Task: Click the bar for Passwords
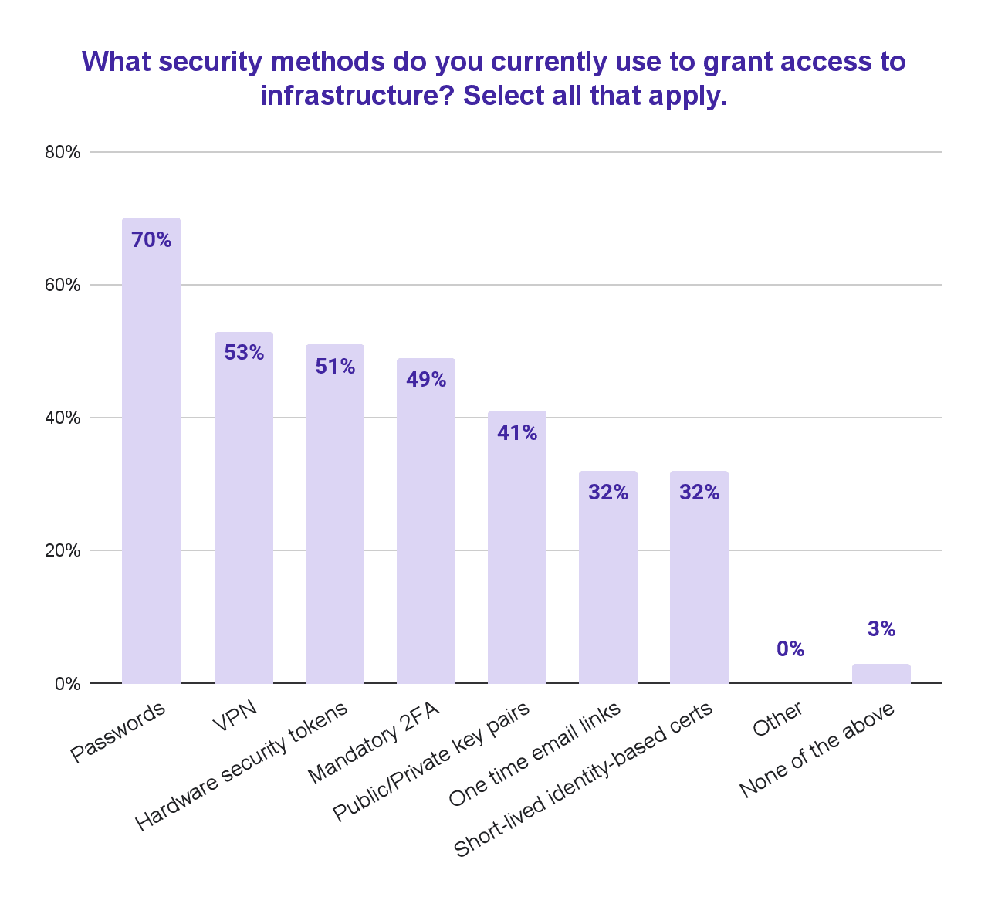(151, 463)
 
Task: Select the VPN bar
(244, 517)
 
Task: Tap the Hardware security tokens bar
(335, 525)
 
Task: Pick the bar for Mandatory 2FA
(426, 533)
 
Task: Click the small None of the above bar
(881, 674)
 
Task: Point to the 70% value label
(151, 240)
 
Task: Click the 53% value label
(244, 353)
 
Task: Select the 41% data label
(517, 433)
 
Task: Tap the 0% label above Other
(790, 649)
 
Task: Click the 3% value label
(881, 629)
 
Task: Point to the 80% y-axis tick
(63, 152)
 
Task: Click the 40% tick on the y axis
(63, 418)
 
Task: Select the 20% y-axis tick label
(63, 550)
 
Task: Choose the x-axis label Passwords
(118, 732)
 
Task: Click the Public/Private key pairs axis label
(431, 762)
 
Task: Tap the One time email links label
(534, 754)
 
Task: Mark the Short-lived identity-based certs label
(583, 779)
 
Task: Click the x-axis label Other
(777, 719)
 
